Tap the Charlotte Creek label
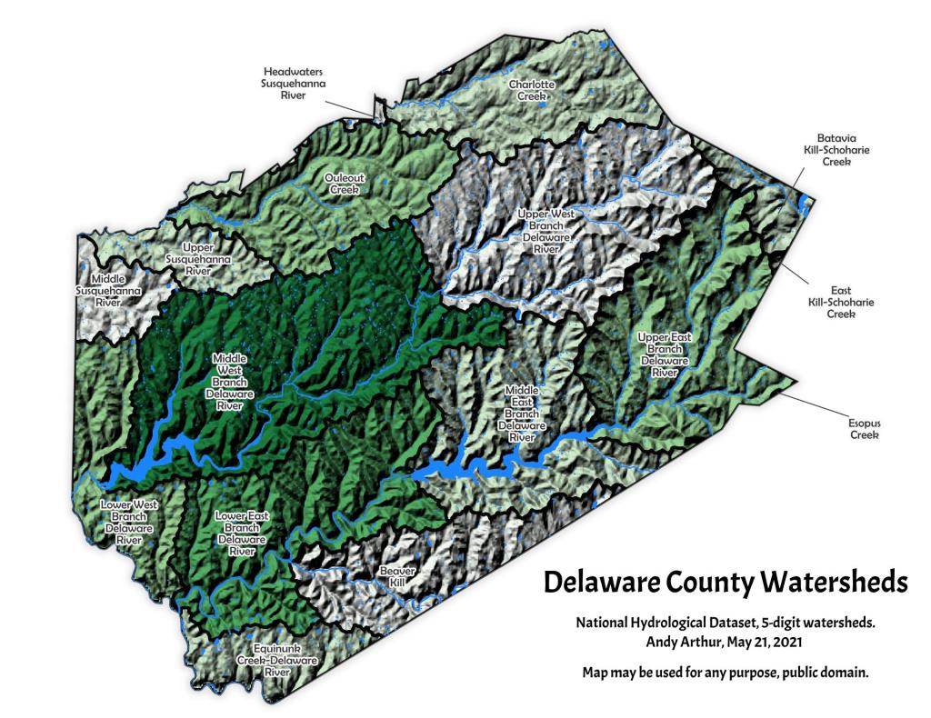pos(531,90)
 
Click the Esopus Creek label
pos(865,429)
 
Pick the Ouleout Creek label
pos(345,184)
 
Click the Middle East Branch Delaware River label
pos(521,414)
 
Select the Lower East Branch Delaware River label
pos(241,534)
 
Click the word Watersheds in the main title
pos(821,581)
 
